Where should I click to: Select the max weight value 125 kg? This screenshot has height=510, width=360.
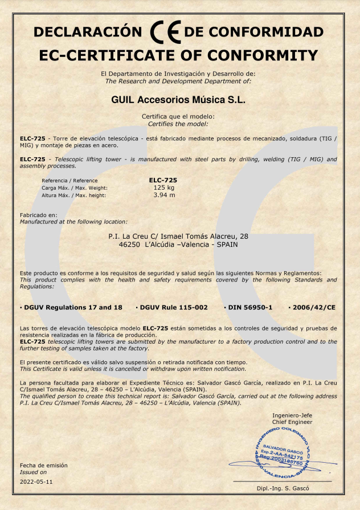click(164, 187)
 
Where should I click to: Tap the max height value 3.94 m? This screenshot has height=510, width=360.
click(164, 195)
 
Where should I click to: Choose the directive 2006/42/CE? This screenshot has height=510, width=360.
click(312, 307)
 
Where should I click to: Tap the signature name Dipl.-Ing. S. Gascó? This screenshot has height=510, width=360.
click(283, 489)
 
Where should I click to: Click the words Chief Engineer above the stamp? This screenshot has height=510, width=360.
click(293, 422)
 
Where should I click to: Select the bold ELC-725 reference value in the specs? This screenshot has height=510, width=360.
click(163, 179)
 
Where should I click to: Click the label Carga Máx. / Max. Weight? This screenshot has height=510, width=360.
click(75, 187)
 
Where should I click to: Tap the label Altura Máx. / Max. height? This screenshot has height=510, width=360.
click(74, 195)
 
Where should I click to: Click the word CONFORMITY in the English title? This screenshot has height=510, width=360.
click(262, 55)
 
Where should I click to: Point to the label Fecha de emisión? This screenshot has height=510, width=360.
click(43, 465)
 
